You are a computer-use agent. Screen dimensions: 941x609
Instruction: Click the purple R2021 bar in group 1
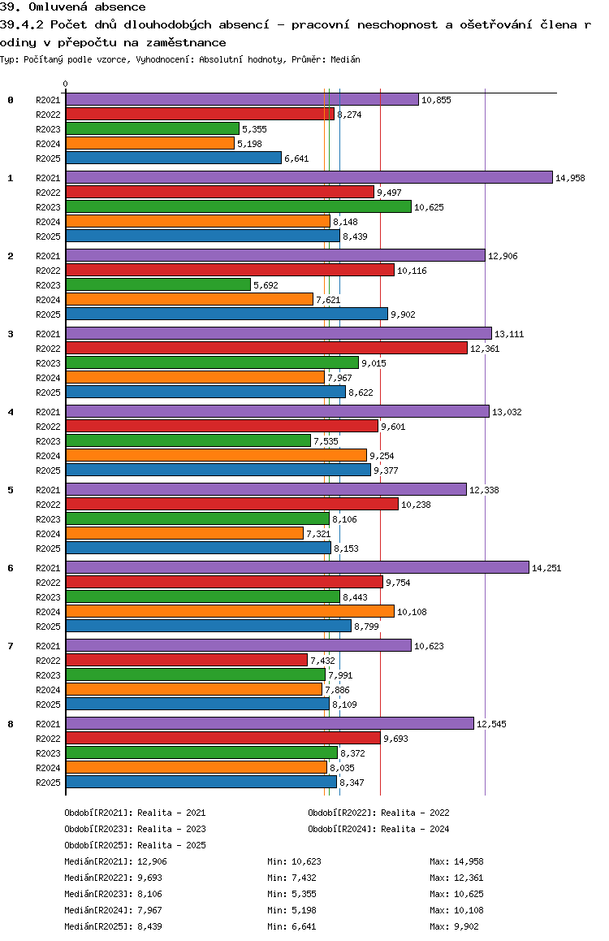pyautogui.click(x=309, y=178)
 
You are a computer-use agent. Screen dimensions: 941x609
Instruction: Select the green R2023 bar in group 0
pyautogui.click(x=153, y=129)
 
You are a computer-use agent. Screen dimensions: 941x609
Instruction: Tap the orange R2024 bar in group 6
pyautogui.click(x=230, y=611)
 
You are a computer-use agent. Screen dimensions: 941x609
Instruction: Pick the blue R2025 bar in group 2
pyautogui.click(x=227, y=314)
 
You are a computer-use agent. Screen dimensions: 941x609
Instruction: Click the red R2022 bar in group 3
pyautogui.click(x=266, y=348)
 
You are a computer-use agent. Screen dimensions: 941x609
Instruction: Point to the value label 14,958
pyautogui.click(x=570, y=178)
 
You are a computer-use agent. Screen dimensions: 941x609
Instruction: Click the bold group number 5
pyautogui.click(x=11, y=490)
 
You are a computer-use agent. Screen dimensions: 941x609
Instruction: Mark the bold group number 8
pyautogui.click(x=11, y=724)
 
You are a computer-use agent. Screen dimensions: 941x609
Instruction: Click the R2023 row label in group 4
pyautogui.click(x=48, y=441)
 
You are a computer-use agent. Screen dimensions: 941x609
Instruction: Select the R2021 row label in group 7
pyautogui.click(x=48, y=646)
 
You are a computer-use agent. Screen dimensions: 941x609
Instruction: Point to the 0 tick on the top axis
pyautogui.click(x=66, y=84)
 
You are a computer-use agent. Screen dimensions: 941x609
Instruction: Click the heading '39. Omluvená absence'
pyautogui.click(x=73, y=7)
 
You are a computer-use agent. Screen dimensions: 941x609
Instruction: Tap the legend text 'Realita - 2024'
pyautogui.click(x=415, y=829)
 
